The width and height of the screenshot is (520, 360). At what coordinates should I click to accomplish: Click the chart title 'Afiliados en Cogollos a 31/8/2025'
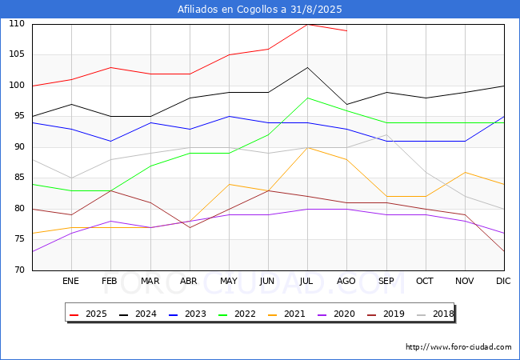coord(260,10)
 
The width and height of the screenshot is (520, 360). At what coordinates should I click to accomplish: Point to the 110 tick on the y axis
coord(17,24)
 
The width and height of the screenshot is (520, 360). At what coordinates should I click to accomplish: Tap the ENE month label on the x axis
coord(71,282)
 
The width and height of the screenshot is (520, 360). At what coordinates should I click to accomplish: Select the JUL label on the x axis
coord(307,282)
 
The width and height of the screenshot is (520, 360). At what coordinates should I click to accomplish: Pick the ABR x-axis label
coord(190,282)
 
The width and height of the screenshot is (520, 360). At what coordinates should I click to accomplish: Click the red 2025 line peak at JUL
coord(307,24)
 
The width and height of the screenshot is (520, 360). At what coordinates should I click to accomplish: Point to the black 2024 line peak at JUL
coord(307,67)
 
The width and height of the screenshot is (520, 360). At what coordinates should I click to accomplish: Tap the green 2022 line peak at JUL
coord(307,98)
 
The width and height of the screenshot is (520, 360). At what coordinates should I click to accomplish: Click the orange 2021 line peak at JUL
coord(307,147)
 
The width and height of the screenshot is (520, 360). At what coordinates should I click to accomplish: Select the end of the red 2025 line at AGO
coord(346,30)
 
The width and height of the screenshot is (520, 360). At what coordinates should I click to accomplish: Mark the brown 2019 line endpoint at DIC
coord(504,251)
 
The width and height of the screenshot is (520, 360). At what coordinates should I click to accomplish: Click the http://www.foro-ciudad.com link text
coord(458,347)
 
